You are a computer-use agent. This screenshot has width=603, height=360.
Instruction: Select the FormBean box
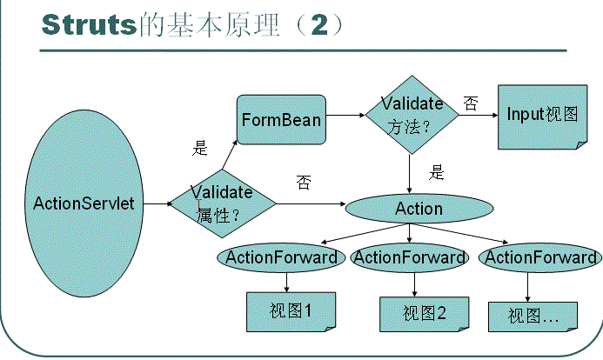coord(281,120)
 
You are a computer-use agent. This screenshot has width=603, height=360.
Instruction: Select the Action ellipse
coord(419,209)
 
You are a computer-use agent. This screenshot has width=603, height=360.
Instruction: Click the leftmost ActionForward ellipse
coord(281,257)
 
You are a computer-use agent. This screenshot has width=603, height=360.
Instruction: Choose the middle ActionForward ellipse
coord(410,257)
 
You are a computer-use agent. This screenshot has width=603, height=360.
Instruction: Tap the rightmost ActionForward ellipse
coord(540,257)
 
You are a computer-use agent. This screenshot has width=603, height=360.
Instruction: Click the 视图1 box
coord(290,310)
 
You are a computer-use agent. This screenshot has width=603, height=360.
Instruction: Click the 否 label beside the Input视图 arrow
coord(471,103)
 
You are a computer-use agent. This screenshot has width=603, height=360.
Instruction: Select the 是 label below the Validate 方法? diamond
coord(437,171)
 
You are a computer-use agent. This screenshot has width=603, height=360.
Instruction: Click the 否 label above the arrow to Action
coord(303,182)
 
